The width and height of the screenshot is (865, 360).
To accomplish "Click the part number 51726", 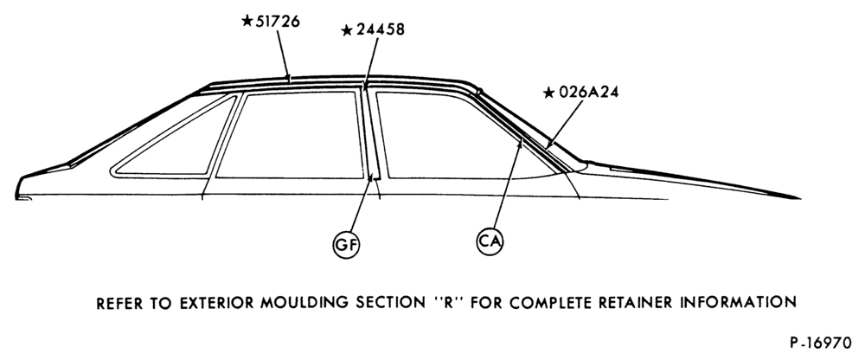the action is (278, 22).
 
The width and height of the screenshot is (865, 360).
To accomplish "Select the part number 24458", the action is (380, 29).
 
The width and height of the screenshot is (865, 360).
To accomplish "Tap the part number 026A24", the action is (588, 93).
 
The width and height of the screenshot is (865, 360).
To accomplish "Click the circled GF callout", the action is (346, 245).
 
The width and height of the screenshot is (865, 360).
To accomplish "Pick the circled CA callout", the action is (490, 241).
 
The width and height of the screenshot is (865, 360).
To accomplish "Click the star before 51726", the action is (247, 21).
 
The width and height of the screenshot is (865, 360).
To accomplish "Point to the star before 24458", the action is (347, 30).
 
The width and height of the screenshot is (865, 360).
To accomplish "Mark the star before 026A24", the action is (548, 93).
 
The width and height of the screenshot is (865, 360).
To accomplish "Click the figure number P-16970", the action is (820, 343).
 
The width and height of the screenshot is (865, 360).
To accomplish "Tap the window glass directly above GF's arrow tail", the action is (290, 135).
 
